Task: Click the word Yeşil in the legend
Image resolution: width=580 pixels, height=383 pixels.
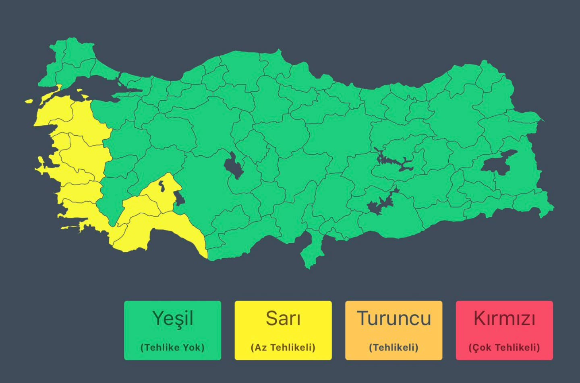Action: click(172, 319)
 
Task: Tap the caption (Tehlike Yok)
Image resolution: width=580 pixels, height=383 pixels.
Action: click(172, 348)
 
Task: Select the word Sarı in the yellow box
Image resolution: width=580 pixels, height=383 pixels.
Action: click(283, 319)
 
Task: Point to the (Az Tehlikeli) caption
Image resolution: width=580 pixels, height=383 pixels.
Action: click(283, 348)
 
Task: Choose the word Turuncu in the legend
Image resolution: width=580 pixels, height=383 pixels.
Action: click(394, 319)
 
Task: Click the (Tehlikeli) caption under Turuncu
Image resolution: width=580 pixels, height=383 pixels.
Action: click(394, 348)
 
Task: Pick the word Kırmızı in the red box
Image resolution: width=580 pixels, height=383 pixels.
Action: click(504, 319)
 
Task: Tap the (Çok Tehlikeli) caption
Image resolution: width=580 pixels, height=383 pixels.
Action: click(504, 348)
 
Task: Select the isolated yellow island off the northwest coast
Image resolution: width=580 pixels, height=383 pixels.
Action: click(29, 101)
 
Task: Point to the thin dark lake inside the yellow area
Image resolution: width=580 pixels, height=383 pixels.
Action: click(162, 186)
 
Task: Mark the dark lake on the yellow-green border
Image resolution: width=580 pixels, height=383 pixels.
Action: click(178, 198)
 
